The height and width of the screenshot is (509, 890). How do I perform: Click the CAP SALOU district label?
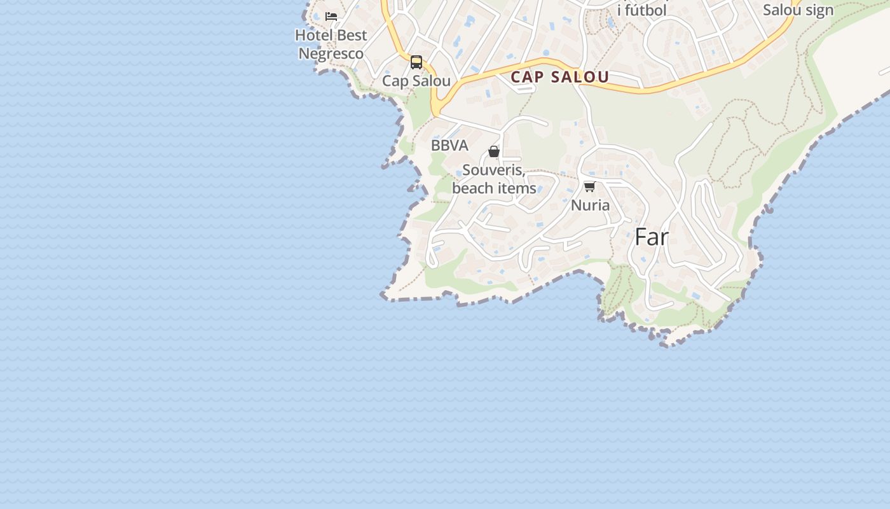(560, 77)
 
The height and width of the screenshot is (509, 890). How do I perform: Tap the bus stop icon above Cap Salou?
(416, 62)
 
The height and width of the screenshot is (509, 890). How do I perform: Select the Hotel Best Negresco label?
(331, 44)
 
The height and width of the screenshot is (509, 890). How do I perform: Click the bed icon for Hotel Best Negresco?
(331, 17)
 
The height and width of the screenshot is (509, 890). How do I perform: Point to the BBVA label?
(449, 145)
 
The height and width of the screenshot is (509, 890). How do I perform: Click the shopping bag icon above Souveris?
(494, 151)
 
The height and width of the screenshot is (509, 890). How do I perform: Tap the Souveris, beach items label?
(494, 179)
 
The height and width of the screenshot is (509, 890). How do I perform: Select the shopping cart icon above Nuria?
(589, 186)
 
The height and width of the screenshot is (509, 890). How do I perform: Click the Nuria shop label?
(590, 205)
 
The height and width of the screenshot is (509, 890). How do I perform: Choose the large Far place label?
(652, 237)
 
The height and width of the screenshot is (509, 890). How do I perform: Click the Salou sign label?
(798, 10)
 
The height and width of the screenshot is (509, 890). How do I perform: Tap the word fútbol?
(646, 10)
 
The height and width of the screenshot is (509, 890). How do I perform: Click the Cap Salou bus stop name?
(416, 81)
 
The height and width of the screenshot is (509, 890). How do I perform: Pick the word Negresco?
(331, 53)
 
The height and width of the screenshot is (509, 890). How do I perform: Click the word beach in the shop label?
(473, 188)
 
